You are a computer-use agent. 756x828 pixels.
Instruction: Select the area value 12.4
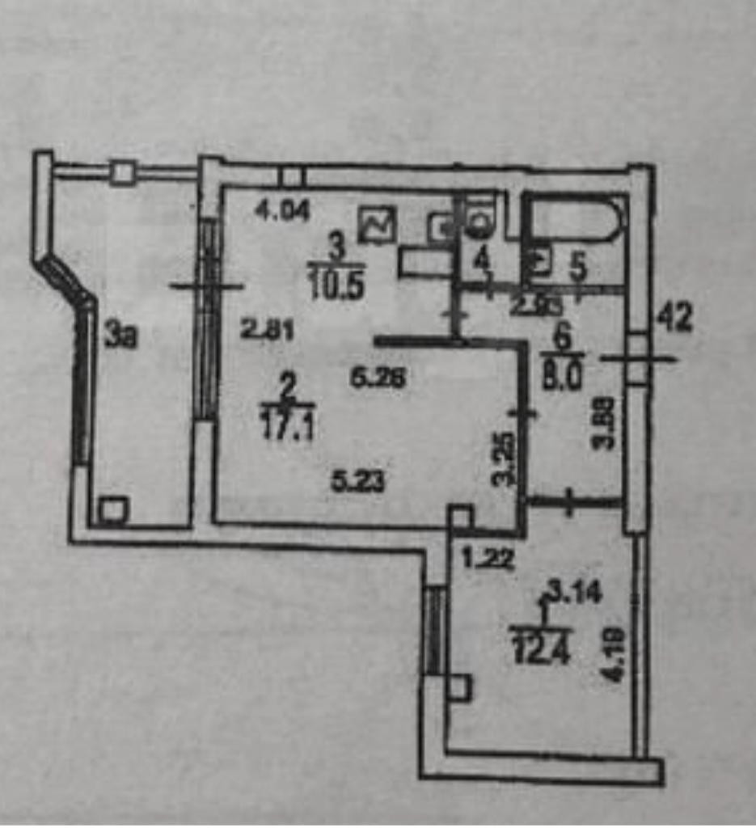pyautogui.click(x=542, y=648)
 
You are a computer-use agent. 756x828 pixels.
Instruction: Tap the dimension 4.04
pyautogui.click(x=281, y=212)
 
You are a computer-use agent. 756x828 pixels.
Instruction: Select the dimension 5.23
pyautogui.click(x=358, y=481)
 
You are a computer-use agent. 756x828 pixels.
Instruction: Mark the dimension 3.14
pyautogui.click(x=576, y=595)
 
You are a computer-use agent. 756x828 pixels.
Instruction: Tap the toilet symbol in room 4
pyautogui.click(x=482, y=220)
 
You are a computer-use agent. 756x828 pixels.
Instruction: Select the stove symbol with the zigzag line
pyautogui.click(x=378, y=223)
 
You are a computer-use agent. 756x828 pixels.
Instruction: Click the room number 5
pyautogui.click(x=578, y=267)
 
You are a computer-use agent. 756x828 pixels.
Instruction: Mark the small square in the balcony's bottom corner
pyautogui.click(x=113, y=511)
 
